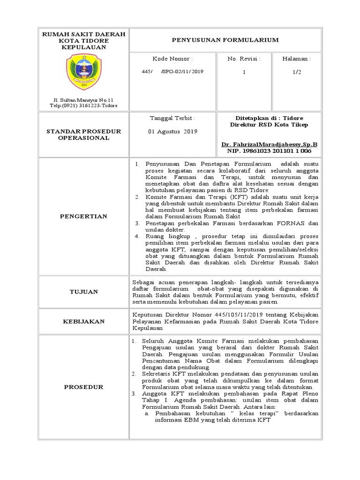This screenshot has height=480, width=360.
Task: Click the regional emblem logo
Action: (x=83, y=71)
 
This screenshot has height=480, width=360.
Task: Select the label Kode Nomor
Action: (x=172, y=60)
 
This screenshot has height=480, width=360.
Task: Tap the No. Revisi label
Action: (x=244, y=60)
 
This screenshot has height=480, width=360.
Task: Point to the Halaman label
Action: (x=296, y=60)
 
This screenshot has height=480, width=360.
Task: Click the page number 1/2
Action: (x=296, y=72)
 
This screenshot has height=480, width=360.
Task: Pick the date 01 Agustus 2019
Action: (x=172, y=132)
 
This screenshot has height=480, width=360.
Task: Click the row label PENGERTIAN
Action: (x=83, y=216)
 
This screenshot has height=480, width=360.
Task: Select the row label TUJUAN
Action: (x=83, y=292)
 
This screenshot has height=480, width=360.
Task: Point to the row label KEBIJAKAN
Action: (x=83, y=322)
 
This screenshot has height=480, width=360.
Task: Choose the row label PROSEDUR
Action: (x=83, y=387)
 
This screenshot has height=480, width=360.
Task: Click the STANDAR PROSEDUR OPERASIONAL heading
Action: (x=83, y=135)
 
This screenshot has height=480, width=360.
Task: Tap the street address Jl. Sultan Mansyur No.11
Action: (x=83, y=100)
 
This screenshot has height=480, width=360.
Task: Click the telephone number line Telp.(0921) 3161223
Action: (x=83, y=106)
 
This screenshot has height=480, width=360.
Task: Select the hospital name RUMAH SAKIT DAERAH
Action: (x=83, y=35)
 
